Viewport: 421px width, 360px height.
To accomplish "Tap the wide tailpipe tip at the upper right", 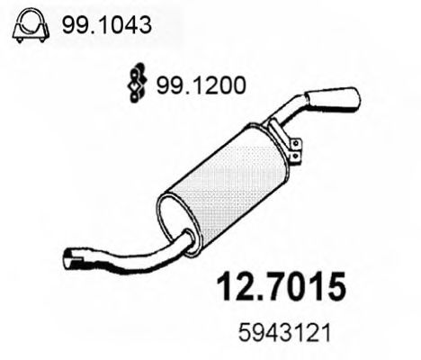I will tap(337, 99).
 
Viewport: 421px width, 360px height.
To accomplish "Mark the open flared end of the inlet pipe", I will tap(74, 257).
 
